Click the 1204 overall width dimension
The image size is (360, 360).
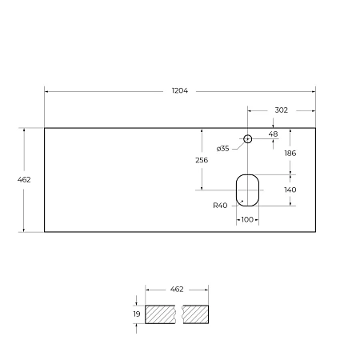point(180,90)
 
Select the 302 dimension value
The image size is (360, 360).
point(281,110)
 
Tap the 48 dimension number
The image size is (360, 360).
point(274,134)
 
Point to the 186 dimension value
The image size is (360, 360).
point(290,152)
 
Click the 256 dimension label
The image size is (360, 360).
point(202,160)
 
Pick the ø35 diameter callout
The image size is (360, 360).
point(223,148)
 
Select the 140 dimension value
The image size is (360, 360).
point(290,190)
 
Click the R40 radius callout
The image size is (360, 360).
point(221,206)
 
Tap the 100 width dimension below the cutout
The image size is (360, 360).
point(247,219)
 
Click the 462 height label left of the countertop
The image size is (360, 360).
point(24,180)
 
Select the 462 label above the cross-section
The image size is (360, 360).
point(177,288)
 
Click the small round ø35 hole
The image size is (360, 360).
point(248,139)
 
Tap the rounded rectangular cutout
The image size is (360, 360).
point(247,189)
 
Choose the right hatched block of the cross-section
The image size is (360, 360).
point(196,314)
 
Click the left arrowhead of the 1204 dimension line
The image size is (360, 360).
point(46,91)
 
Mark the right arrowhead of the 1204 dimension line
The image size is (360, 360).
point(313,91)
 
